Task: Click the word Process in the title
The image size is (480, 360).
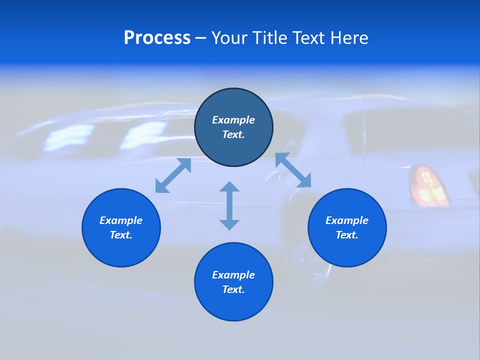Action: (157, 38)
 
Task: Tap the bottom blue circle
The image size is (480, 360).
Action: (233, 305)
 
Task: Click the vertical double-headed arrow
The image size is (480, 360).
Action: (229, 205)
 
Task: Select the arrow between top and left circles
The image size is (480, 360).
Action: (173, 175)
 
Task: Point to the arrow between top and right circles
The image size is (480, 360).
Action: (293, 170)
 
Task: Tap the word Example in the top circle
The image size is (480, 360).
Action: (233, 120)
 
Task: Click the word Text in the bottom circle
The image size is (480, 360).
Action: (233, 289)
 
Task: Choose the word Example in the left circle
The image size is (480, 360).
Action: (121, 220)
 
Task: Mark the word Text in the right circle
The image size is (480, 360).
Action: (347, 235)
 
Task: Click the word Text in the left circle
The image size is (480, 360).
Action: (121, 235)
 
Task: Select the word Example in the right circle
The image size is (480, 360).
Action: (347, 220)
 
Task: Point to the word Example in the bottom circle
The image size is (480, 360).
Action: (233, 275)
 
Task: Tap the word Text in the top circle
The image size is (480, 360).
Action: (233, 134)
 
